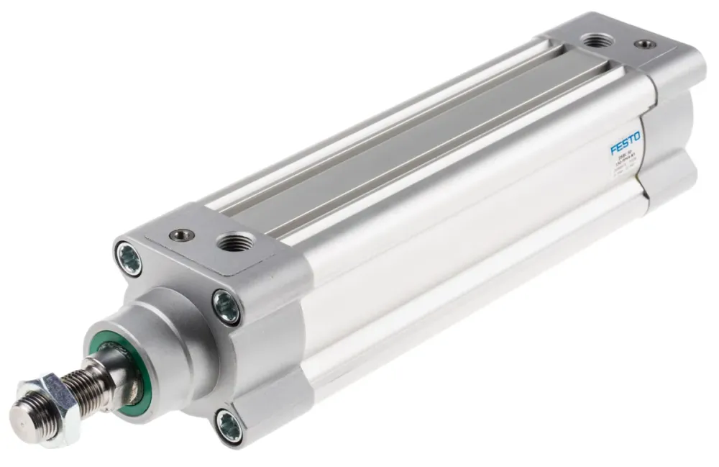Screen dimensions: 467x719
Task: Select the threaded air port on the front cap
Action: pyautogui.click(x=233, y=242)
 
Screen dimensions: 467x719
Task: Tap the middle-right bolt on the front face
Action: pyautogui.click(x=226, y=306)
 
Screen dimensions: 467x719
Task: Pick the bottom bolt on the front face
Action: pyautogui.click(x=229, y=422)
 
